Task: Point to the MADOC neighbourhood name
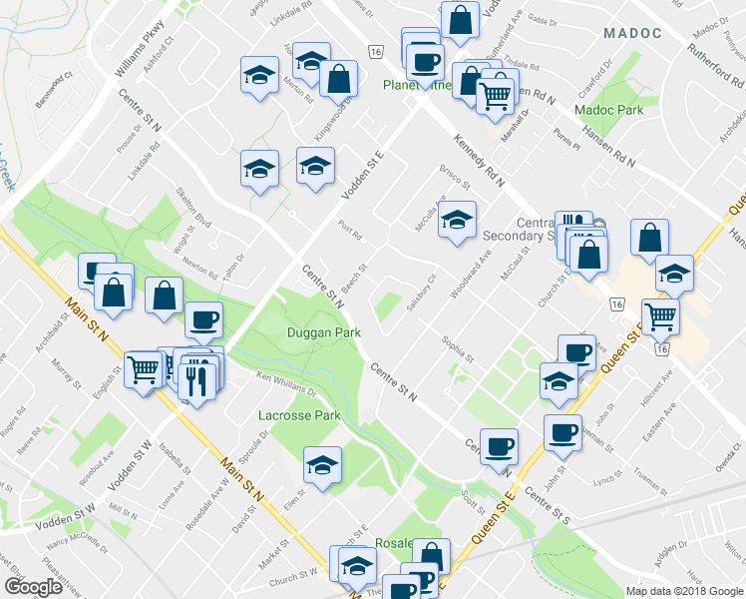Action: [x=632, y=33]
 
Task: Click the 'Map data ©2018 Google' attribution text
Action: [x=684, y=591]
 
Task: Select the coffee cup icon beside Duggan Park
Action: [x=204, y=320]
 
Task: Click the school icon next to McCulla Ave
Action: [x=458, y=221]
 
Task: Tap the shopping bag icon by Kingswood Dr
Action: [x=339, y=78]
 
